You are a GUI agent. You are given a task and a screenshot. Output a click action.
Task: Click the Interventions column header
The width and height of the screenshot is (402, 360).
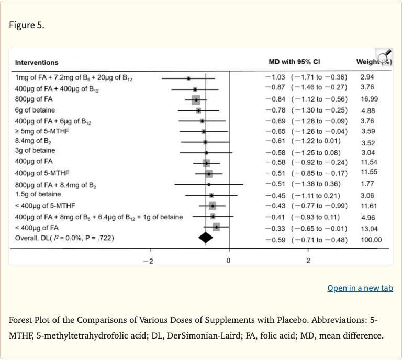[37, 63]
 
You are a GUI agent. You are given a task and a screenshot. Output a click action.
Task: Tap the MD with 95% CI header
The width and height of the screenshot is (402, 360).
[297, 62]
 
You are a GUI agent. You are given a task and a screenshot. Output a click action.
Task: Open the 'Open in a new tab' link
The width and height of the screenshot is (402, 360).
[360, 288]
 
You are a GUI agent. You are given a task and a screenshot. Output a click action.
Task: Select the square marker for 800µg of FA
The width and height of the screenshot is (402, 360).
[196, 99]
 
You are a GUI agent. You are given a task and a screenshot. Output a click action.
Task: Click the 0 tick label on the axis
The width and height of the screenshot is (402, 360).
[229, 261]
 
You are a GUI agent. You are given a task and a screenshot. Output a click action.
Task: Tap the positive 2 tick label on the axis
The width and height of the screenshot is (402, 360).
[308, 261]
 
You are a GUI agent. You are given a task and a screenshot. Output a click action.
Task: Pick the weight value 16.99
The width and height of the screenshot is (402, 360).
[369, 99]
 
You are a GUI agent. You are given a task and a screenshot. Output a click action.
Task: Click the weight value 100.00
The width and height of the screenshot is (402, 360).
[371, 240]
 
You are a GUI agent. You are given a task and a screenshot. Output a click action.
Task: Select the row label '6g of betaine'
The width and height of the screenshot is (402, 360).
[35, 110]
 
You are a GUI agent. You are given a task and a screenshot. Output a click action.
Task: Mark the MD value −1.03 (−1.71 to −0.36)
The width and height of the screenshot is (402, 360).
[306, 77]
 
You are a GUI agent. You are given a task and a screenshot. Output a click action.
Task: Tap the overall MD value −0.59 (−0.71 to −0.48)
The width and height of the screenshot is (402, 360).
[306, 240]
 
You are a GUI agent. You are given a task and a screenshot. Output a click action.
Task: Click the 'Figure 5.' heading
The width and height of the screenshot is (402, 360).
[26, 25]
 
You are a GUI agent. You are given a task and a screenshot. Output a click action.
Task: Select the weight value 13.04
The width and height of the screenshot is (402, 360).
[369, 229]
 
